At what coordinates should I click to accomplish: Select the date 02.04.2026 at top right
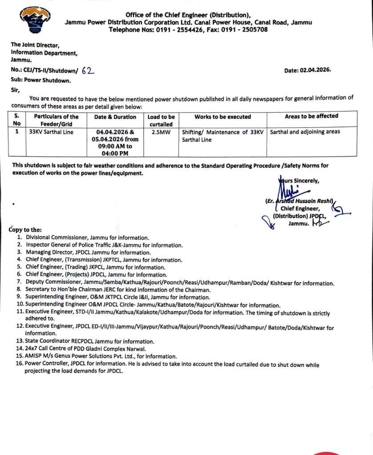click(x=317, y=70)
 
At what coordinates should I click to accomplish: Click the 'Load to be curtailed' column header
click(x=161, y=120)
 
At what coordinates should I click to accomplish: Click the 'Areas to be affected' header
click(x=312, y=116)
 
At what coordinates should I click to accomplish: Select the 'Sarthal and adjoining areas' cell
click(x=305, y=132)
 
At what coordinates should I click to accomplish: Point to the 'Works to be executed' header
click(x=223, y=117)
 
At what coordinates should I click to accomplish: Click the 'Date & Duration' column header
click(x=115, y=117)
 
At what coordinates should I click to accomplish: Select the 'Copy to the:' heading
click(x=25, y=230)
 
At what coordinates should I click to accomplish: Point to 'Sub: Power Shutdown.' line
click(x=41, y=80)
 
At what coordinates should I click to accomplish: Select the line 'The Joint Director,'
click(x=35, y=44)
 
